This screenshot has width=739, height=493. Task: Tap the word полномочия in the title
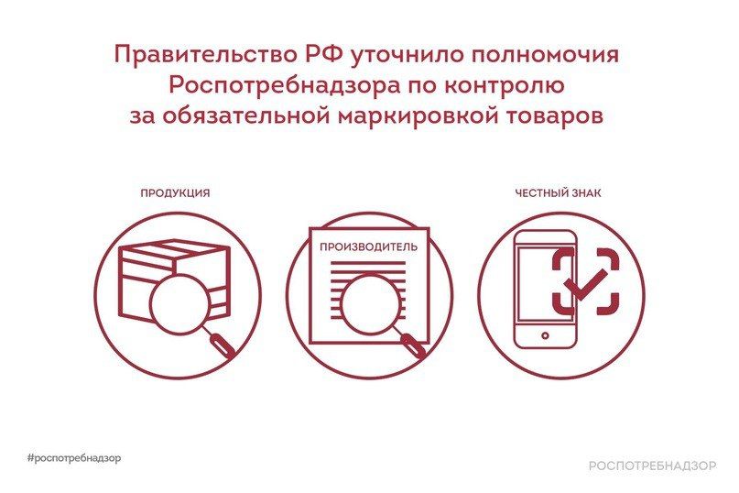click(544, 56)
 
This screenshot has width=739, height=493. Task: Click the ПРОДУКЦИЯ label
click(175, 193)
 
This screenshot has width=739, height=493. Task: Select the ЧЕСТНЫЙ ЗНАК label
click(558, 193)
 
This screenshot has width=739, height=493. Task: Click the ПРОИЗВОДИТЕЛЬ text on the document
click(368, 247)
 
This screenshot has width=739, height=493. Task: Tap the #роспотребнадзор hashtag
click(74, 457)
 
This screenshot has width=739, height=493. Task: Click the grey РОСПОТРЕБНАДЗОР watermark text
click(652, 466)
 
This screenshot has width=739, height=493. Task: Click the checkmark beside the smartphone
click(587, 284)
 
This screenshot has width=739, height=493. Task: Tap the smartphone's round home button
click(545, 335)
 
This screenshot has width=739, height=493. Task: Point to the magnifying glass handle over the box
click(221, 344)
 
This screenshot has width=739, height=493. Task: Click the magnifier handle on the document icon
click(413, 344)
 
